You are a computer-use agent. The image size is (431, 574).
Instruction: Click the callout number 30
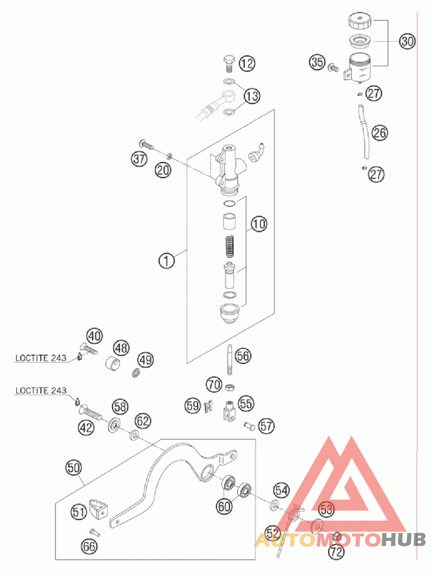[407, 41]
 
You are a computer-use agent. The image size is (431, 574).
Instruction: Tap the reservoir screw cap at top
[360, 20]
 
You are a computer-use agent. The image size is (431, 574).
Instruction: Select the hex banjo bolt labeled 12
[229, 64]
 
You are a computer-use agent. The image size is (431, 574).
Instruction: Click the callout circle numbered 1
[166, 261]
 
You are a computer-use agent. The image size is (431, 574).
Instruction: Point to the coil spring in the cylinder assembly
[229, 247]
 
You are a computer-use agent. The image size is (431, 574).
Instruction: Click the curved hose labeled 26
[364, 132]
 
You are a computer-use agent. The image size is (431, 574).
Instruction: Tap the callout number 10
[259, 224]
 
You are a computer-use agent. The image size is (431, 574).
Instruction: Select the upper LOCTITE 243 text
[41, 358]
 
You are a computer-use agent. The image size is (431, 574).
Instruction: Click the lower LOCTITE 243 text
[41, 391]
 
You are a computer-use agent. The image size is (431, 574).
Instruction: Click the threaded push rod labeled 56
[230, 359]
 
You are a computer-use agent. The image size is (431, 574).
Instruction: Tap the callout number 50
[74, 467]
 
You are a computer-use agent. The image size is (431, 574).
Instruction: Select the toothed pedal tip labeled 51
[98, 508]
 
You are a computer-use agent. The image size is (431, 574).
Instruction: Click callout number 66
[89, 547]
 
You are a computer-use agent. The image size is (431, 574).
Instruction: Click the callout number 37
[139, 159]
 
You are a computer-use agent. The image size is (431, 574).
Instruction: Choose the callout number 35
[317, 62]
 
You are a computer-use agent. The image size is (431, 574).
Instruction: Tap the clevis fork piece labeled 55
[229, 411]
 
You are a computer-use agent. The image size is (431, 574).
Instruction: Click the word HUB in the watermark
[403, 540]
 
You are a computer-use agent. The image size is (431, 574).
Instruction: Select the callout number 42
[86, 427]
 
